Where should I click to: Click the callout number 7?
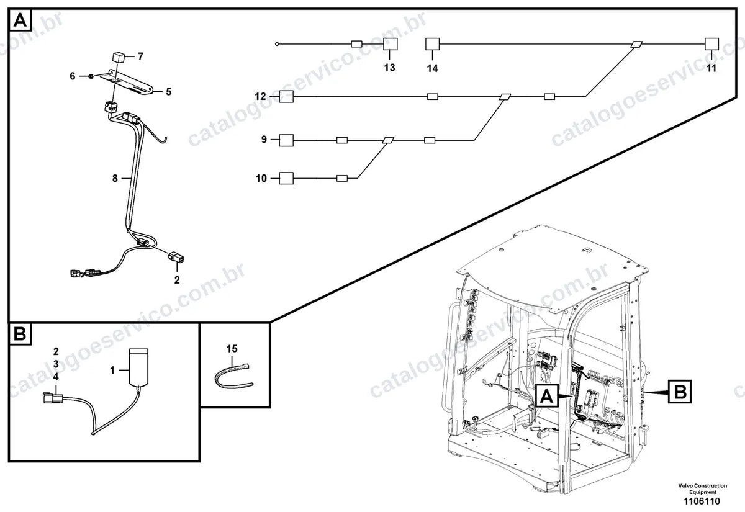[140, 56]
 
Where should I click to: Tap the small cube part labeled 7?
[119, 58]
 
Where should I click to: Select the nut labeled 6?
[91, 76]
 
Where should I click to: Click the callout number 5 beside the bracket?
[169, 92]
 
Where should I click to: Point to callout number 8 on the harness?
[115, 179]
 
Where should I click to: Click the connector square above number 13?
[390, 44]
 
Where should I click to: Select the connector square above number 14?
[432, 44]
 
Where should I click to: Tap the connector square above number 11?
[711, 44]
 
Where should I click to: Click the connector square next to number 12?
[286, 96]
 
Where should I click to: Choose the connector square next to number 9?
[286, 140]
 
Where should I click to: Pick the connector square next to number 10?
[286, 178]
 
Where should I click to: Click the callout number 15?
[232, 349]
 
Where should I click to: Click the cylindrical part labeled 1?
[138, 367]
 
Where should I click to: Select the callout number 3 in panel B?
[56, 364]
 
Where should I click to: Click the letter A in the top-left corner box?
[20, 20]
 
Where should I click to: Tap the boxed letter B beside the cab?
[680, 392]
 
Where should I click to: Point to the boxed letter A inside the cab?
[547, 396]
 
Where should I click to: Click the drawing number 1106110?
[702, 501]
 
